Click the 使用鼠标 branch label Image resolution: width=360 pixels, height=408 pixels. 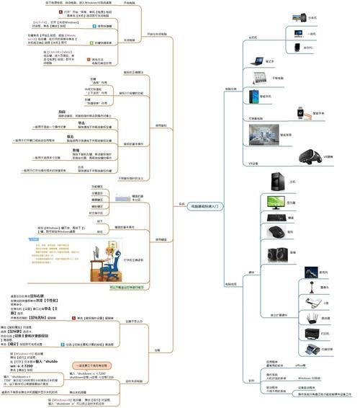click(x=163, y=126)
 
